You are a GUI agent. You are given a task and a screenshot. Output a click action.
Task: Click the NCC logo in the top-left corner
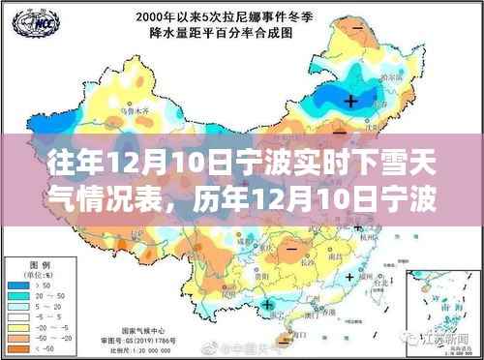pyautogui.click(x=22, y=21)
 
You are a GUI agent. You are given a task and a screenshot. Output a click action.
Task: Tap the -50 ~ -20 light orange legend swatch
pyautogui.click(x=22, y=334)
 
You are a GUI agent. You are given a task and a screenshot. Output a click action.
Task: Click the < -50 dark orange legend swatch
pyautogui.click(x=22, y=345)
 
